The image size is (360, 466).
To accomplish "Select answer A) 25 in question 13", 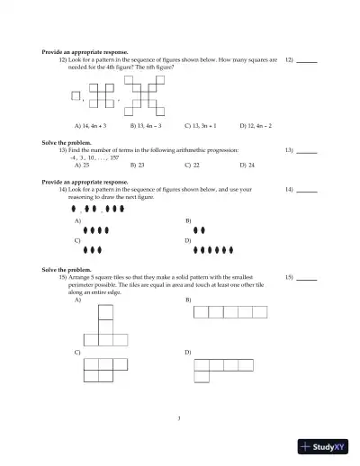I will pos(82,166).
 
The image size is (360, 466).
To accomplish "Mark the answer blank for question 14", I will pos(306,191).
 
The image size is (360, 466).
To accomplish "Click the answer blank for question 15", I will pos(306,278).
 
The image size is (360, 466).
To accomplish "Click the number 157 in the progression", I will pos(114,157).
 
